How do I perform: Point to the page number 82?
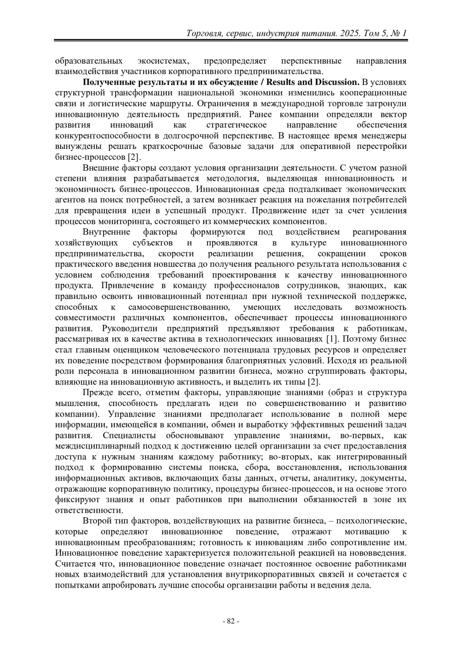pos(231,621)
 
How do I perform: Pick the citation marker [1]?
pos(331,339)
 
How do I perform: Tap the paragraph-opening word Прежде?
pos(95,393)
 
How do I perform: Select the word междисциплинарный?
pos(99,446)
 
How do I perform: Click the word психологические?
pos(372,521)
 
